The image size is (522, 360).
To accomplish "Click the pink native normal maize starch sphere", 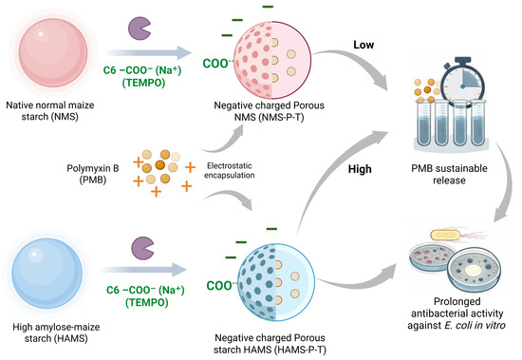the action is point(53,52).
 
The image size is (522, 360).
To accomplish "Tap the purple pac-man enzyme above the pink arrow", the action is point(140,28).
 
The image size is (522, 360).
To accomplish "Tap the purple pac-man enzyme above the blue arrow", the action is point(142,248).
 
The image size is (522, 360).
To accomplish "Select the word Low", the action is point(364,45).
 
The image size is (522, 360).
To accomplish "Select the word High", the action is point(360,169).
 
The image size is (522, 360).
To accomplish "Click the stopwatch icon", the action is point(462,82).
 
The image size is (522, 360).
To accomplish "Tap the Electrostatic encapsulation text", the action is point(230,170).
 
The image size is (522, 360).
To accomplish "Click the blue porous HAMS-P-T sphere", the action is point(276,282).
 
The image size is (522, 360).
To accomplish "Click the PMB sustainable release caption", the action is point(449,175).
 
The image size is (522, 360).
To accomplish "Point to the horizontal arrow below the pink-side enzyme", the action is point(148,52).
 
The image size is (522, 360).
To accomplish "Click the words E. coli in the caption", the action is point(457,325).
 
